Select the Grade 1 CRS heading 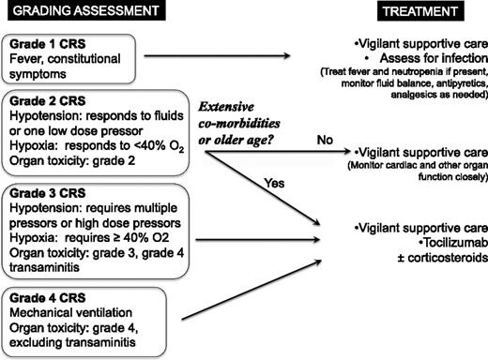pyautogui.click(x=44, y=44)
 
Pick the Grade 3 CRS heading pyautogui.click(x=44, y=192)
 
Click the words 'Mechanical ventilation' pyautogui.click(x=71, y=301)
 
